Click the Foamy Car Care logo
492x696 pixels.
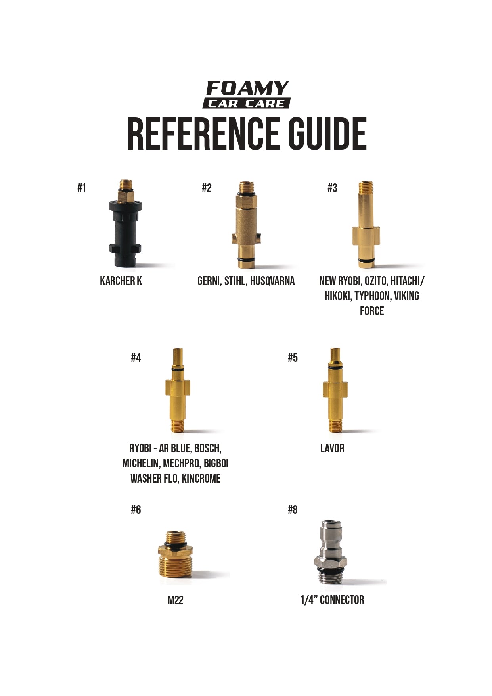[x=247, y=94]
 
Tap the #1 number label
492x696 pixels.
[x=82, y=188]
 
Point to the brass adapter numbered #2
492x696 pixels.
[x=246, y=224]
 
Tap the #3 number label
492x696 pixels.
[x=332, y=188]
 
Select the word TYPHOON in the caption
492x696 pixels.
[x=372, y=296]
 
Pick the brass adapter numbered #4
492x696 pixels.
[x=177, y=391]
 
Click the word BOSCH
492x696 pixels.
[x=208, y=448]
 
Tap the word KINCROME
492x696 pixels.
[x=201, y=479]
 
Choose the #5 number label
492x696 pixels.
[x=293, y=358]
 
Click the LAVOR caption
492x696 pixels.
[x=332, y=448]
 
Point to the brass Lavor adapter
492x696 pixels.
[x=335, y=391]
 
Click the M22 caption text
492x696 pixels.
[x=175, y=600]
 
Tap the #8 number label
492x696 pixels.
[x=293, y=510]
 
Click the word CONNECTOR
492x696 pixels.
[x=342, y=600]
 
